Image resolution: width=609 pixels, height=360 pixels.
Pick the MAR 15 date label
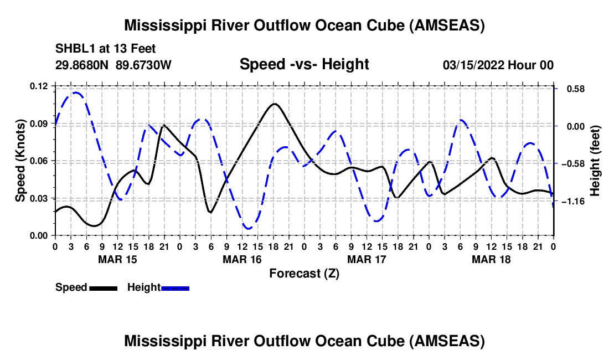tap(117, 259)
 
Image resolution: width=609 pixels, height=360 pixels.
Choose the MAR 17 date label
tap(366, 259)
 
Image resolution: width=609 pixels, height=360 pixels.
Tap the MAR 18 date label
tap(491, 259)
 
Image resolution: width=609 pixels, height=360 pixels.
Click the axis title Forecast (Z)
tap(304, 273)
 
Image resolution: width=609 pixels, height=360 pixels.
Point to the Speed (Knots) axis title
tap(20, 161)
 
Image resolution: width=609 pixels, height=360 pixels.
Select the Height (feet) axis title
tap(595, 161)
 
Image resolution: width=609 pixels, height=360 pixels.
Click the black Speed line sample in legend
tap(103, 288)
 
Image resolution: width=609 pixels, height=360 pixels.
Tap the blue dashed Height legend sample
tap(176, 288)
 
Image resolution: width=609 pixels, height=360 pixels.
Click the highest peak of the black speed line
tap(274, 104)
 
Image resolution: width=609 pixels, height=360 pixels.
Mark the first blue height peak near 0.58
tap(76, 92)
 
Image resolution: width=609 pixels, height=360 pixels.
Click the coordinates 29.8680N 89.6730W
tap(113, 65)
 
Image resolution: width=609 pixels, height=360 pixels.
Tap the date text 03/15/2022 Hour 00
tap(498, 65)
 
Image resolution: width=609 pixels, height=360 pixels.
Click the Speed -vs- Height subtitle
tap(304, 64)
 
